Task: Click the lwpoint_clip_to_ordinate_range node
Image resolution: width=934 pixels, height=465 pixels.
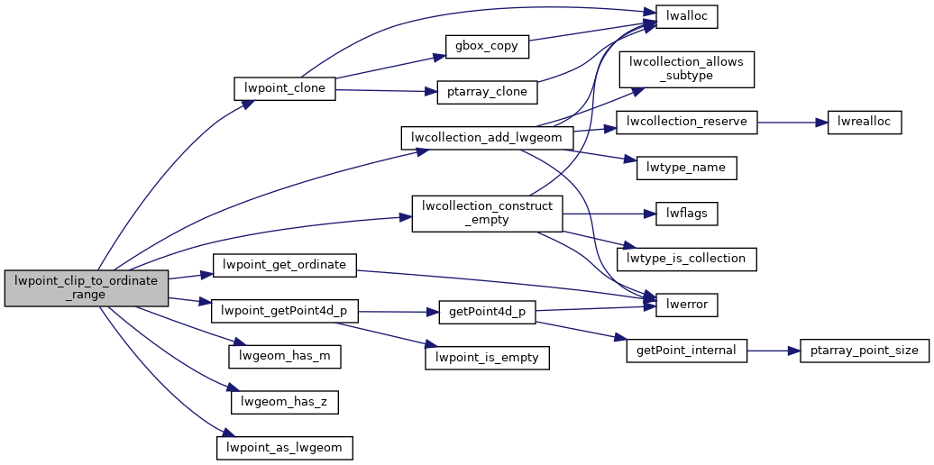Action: pyautogui.click(x=87, y=287)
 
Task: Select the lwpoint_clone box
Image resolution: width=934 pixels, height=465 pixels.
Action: pyautogui.click(x=285, y=88)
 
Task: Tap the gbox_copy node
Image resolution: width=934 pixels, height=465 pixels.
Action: pyautogui.click(x=487, y=46)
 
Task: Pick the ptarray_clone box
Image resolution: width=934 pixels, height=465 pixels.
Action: pyautogui.click(x=487, y=92)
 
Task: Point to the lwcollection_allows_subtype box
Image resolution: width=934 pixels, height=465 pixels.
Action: pyautogui.click(x=686, y=69)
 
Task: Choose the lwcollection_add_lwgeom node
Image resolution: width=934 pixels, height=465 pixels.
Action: pyautogui.click(x=487, y=138)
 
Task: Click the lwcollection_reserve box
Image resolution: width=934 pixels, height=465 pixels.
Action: pyautogui.click(x=686, y=122)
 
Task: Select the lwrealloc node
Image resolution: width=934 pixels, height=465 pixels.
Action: pyautogui.click(x=865, y=122)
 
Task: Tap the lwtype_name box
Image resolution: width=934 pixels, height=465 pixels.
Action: pyautogui.click(x=686, y=168)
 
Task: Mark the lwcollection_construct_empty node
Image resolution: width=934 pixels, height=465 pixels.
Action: pyautogui.click(x=487, y=213)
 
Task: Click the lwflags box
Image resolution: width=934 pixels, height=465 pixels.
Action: pyautogui.click(x=686, y=214)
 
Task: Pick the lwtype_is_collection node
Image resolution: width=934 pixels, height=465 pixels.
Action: pyautogui.click(x=686, y=259)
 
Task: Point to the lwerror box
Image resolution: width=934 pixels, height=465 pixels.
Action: pyautogui.click(x=686, y=305)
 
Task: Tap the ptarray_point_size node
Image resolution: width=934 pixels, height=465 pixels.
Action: pyautogui.click(x=865, y=351)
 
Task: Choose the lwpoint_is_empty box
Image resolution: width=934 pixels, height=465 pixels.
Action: pyautogui.click(x=487, y=357)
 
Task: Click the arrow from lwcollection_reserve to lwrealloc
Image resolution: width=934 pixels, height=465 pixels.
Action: pyautogui.click(x=792, y=122)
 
